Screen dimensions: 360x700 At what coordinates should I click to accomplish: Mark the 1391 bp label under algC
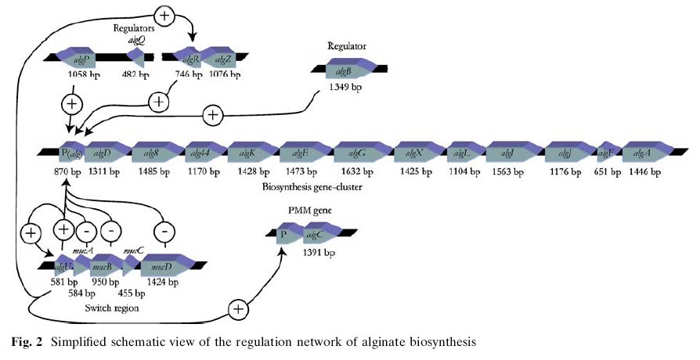[x=319, y=254]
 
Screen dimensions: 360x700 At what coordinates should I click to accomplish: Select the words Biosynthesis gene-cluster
[x=313, y=189]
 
